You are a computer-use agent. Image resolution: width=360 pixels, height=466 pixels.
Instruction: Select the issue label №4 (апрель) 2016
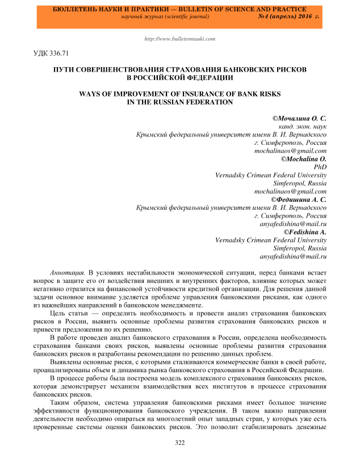point(289,17)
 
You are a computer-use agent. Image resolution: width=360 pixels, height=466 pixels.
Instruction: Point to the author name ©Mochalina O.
point(304,159)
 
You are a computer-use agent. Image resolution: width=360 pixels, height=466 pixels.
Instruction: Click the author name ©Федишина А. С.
point(299,200)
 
